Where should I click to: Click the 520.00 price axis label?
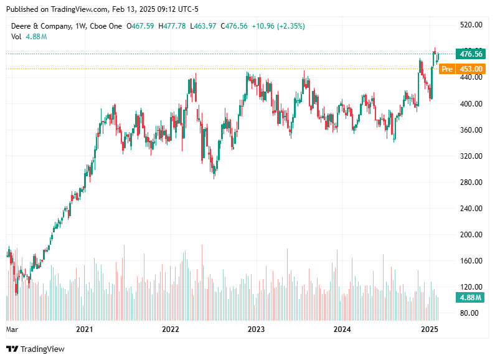[x=470, y=25]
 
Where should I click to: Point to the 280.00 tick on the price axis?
[x=470, y=182]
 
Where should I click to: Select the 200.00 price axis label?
[x=470, y=235]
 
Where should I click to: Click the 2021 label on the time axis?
[x=84, y=329]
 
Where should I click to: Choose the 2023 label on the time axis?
[x=256, y=329]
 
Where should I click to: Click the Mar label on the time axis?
[x=12, y=329]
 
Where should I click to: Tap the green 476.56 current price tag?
[x=470, y=54]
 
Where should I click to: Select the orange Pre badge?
[x=446, y=69]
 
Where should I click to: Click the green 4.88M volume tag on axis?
[x=470, y=297]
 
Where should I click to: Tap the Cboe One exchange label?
[x=107, y=26]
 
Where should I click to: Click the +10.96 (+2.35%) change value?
[x=278, y=26]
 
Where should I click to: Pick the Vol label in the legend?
[x=17, y=37]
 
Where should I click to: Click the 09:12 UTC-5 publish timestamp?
[x=176, y=9]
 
